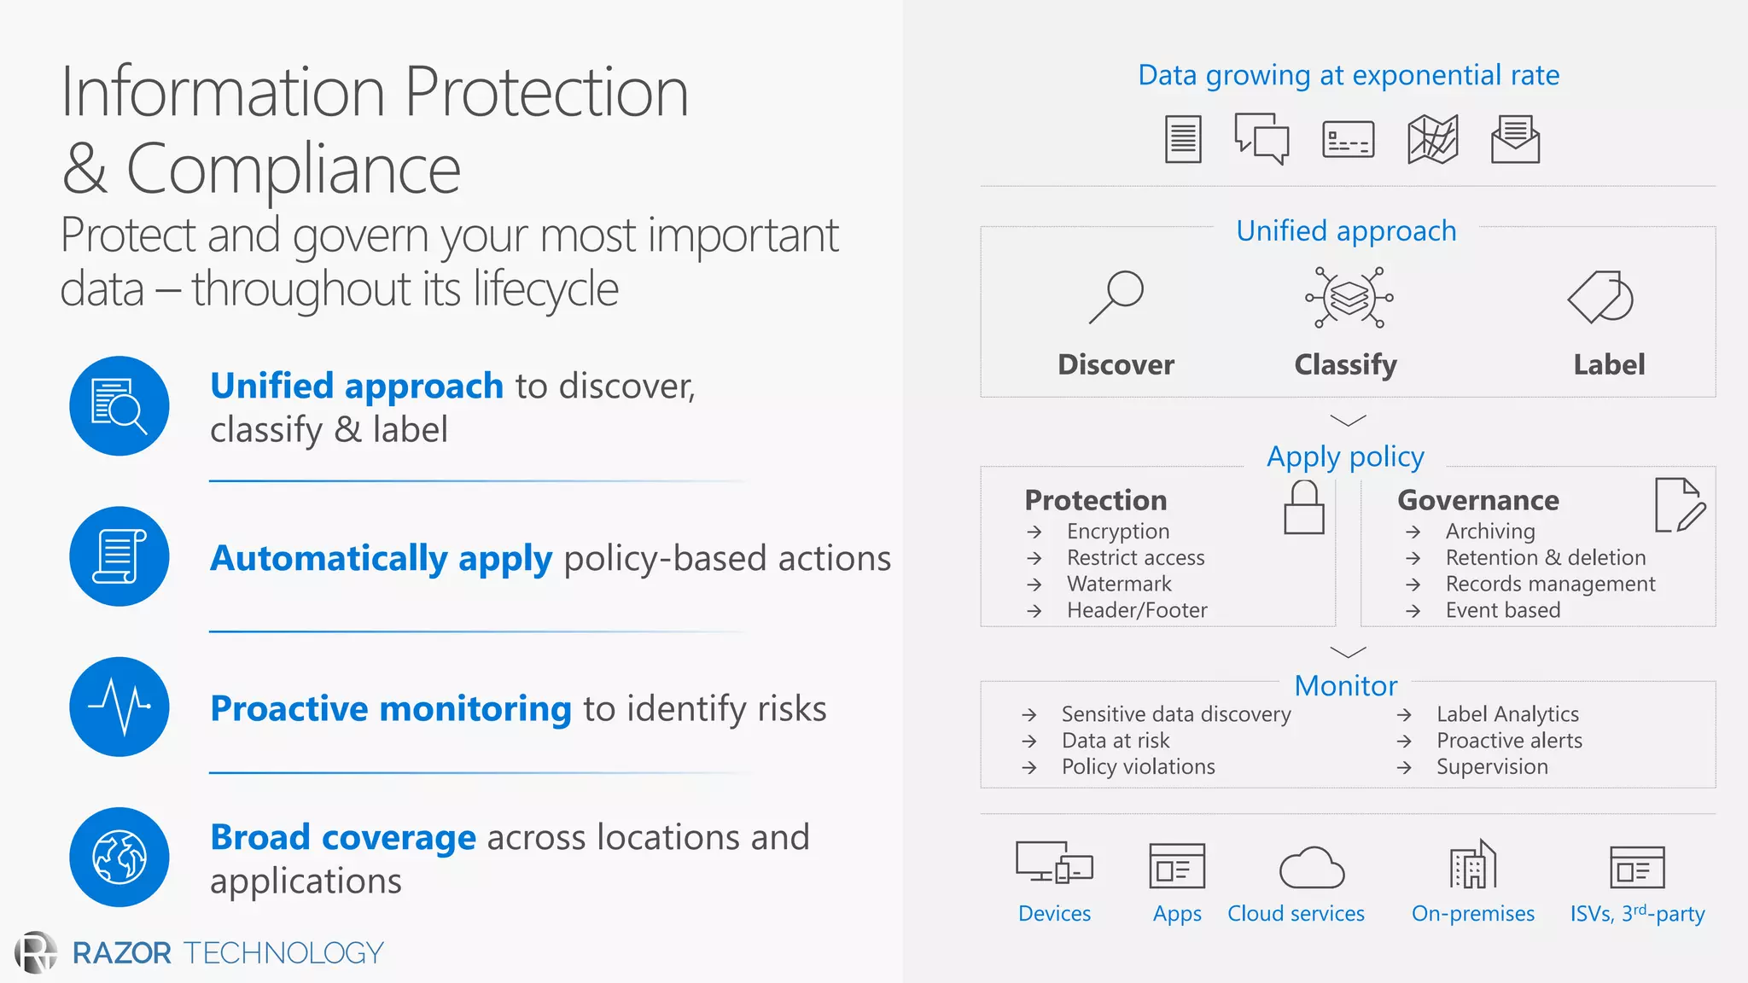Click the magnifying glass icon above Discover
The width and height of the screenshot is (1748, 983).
tap(1116, 297)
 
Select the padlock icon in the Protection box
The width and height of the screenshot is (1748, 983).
tap(1304, 508)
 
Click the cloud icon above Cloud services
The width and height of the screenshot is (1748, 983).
tap(1312, 869)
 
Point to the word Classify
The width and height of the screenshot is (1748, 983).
tap(1345, 365)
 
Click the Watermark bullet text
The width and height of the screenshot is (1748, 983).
tap(1119, 585)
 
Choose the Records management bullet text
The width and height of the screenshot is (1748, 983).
tap(1550, 585)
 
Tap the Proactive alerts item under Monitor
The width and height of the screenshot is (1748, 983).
tap(1509, 741)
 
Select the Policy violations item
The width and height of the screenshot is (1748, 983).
tap(1138, 767)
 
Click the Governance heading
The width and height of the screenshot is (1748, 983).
tap(1478, 500)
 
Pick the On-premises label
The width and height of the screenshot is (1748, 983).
tap(1473, 914)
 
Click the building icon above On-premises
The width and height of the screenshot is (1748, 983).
tap(1473, 865)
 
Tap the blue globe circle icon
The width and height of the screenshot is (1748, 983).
tap(119, 857)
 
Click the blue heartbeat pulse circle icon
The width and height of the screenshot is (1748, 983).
tap(119, 707)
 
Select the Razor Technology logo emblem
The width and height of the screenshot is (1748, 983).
tap(36, 952)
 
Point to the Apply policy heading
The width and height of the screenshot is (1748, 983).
tap(1345, 457)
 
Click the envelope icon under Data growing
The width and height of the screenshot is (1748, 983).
tap(1515, 139)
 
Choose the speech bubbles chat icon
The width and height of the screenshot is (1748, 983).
tap(1261, 138)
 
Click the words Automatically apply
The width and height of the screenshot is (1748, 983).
tap(382, 559)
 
